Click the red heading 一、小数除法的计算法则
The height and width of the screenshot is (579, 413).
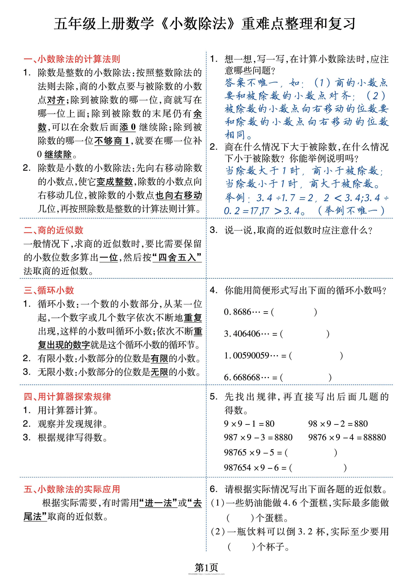coord(72,59)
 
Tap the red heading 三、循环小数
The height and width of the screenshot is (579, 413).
coord(49,290)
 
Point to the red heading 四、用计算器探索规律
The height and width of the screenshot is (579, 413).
coord(67,396)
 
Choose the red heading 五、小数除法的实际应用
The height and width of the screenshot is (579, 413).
coord(72,489)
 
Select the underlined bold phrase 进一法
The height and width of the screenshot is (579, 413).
coord(158,503)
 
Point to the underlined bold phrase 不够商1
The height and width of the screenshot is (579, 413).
coord(112,141)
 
